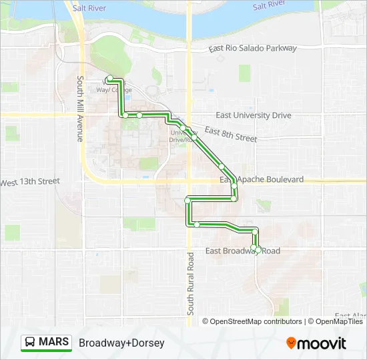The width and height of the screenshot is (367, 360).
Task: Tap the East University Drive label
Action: click(x=254, y=115)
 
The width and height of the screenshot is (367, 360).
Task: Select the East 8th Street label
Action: click(x=231, y=133)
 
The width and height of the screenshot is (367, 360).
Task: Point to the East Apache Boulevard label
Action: click(x=262, y=180)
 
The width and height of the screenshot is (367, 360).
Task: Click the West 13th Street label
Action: click(x=29, y=181)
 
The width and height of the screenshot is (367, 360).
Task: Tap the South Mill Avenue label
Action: click(x=79, y=109)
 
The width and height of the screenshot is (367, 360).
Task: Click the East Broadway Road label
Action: click(x=243, y=251)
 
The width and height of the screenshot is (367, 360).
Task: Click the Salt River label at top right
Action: click(x=269, y=6)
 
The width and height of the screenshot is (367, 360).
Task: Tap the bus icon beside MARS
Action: click(x=31, y=343)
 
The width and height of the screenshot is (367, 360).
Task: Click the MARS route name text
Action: click(x=54, y=343)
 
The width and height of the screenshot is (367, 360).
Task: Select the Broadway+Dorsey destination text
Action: click(x=121, y=343)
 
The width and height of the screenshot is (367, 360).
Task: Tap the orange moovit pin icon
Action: click(x=292, y=343)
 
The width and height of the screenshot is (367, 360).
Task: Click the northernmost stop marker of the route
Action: click(x=109, y=79)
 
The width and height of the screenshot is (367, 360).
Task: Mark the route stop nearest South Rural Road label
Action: click(x=198, y=225)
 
